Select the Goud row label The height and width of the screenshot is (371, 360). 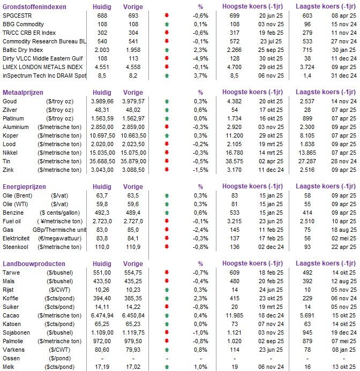point(10,101)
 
